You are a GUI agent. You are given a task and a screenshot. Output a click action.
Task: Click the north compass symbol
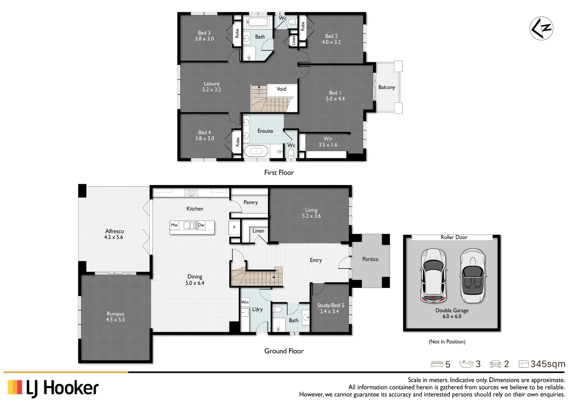point(541,28)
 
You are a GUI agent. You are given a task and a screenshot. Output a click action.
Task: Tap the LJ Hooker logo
point(53,388)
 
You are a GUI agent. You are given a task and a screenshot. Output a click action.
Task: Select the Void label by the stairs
point(281,89)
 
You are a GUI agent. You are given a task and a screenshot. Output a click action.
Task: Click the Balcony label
point(387,87)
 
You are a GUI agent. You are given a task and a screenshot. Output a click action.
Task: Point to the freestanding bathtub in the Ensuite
point(256,151)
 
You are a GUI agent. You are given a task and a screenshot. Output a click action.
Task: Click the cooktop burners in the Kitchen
point(191,192)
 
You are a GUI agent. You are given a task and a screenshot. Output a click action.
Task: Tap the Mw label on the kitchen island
point(174,225)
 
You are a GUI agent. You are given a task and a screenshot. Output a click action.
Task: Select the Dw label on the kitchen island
point(201,225)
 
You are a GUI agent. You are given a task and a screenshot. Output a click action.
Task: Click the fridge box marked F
point(234,228)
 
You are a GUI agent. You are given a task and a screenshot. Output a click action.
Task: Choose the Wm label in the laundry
point(245,302)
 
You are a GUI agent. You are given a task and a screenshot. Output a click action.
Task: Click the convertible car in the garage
point(473,276)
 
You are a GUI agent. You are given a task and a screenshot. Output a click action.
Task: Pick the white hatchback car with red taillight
point(433,276)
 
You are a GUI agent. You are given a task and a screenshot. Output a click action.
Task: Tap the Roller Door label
point(454,237)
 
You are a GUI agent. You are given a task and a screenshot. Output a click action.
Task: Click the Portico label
point(370,259)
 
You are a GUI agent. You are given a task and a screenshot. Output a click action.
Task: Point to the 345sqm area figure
point(548,364)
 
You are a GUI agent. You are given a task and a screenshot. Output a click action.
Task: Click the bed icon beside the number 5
point(437,364)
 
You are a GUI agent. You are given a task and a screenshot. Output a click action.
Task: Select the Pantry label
point(251,202)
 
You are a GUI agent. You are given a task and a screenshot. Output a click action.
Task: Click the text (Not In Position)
point(447,341)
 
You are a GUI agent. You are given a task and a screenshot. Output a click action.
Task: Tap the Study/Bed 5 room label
point(331,308)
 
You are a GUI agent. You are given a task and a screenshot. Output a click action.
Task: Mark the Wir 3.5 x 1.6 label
point(328,142)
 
